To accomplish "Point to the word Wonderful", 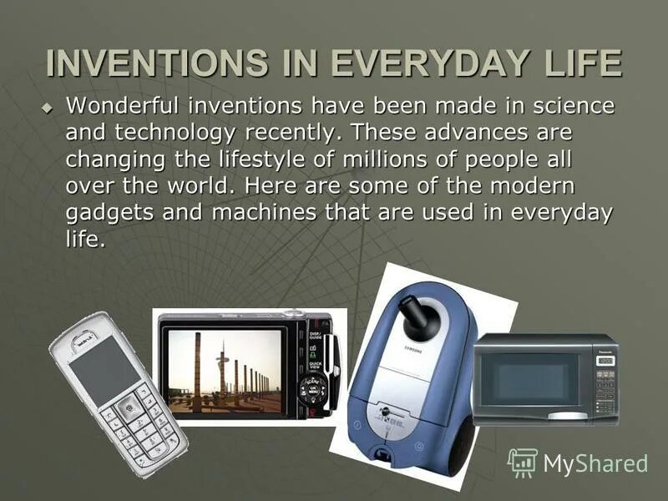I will [123, 107].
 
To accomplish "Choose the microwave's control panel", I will [605, 381].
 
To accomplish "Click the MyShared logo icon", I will [523, 463].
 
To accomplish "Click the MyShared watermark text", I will [595, 463].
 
